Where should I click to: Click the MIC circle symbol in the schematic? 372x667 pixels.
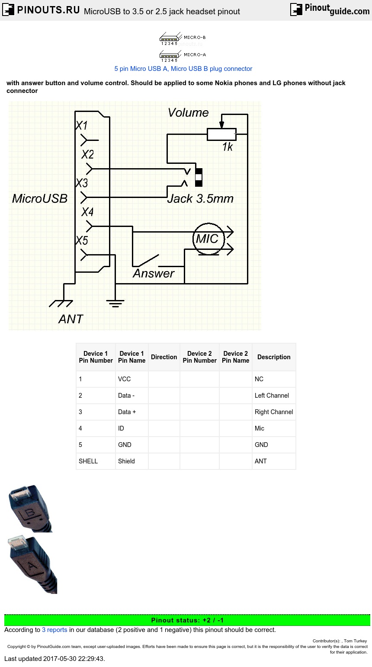pyautogui.click(x=208, y=239)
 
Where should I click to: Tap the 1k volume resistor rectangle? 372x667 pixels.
pyautogui.click(x=221, y=134)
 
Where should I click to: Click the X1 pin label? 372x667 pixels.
pyautogui.click(x=81, y=125)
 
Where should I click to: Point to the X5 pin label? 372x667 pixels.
pyautogui.click(x=82, y=240)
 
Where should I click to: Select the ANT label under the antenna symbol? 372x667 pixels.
pyautogui.click(x=71, y=319)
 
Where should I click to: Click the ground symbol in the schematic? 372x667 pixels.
pyautogui.click(x=115, y=302)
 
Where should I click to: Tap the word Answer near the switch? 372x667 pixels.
pyautogui.click(x=153, y=273)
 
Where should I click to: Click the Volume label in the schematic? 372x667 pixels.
pyautogui.click(x=188, y=113)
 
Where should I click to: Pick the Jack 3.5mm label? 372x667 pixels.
pyautogui.click(x=200, y=199)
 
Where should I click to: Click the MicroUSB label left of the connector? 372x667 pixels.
pyautogui.click(x=40, y=198)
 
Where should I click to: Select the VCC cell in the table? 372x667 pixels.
pyautogui.click(x=124, y=379)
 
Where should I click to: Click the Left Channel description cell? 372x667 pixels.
pyautogui.click(x=272, y=396)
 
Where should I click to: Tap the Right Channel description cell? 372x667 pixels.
pyautogui.click(x=274, y=412)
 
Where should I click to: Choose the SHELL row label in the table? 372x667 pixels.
pyautogui.click(x=88, y=461)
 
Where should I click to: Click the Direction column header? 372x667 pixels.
pyautogui.click(x=164, y=357)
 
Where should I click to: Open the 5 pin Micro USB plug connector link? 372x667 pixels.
pyautogui.click(x=183, y=69)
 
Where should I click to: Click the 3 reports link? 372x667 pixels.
pyautogui.click(x=55, y=630)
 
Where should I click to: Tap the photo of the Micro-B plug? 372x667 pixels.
pyautogui.click(x=29, y=508)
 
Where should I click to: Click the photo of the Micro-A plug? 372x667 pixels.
pyautogui.click(x=32, y=565)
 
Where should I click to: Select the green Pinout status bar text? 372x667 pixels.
pyautogui.click(x=187, y=620)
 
